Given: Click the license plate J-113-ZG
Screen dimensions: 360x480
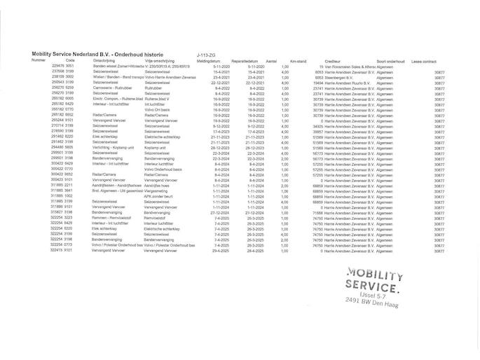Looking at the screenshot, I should (207, 54).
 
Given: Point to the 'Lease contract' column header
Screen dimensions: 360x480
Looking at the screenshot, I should (427, 61).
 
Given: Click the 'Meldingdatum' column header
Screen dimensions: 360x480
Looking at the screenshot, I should (209, 61).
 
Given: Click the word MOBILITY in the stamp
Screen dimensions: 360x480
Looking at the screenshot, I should (375, 274).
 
